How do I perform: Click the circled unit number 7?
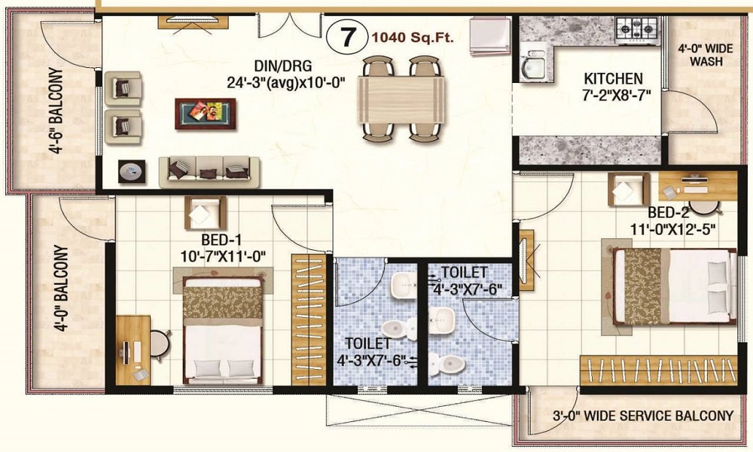point(346,36)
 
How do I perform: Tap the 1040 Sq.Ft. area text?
point(407,36)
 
